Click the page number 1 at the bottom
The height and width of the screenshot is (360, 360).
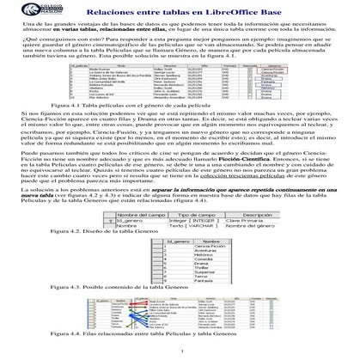[180, 358]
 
